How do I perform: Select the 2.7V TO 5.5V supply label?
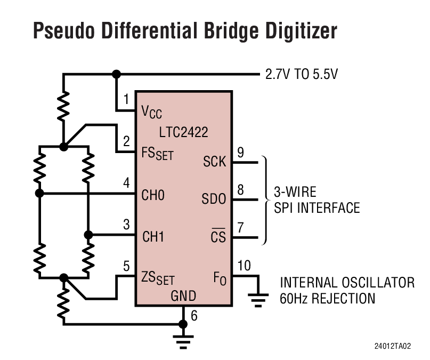coord(302,75)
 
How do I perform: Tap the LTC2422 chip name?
coord(184,131)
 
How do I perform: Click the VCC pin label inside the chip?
coord(151,112)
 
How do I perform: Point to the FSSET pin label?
coord(157,155)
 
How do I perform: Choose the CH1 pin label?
coord(153,236)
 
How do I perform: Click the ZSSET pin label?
coord(157,278)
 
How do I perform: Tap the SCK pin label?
coord(215,161)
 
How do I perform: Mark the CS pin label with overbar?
coord(218,236)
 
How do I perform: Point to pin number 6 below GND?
coord(194,316)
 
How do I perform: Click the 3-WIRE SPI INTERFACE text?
coord(317,199)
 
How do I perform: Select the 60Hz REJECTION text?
coord(327,298)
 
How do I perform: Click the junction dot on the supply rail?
coord(116,75)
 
